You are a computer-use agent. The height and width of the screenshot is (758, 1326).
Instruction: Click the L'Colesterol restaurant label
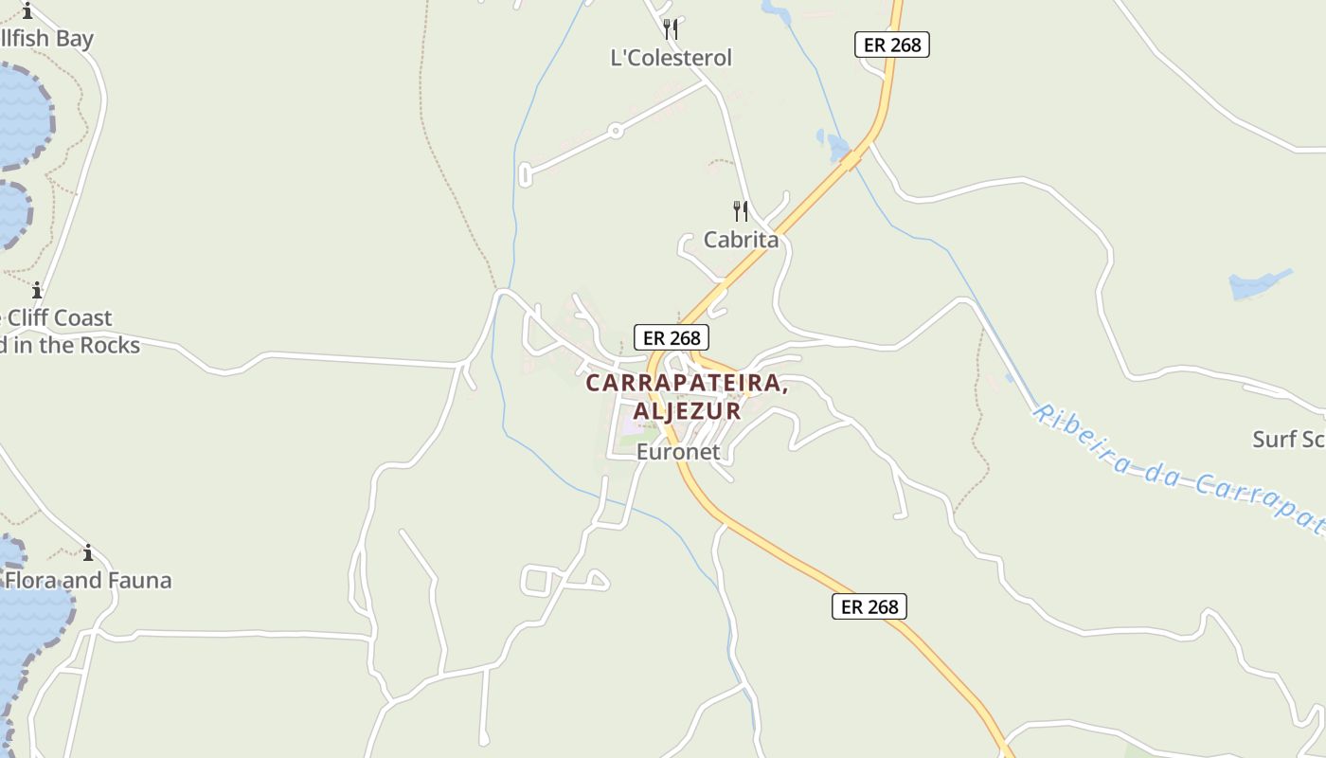671,58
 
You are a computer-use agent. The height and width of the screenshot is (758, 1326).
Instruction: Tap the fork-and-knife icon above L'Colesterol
671,29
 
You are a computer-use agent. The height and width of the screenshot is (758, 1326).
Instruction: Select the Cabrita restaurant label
741,240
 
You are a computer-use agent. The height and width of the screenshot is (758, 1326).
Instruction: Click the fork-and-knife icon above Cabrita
741,210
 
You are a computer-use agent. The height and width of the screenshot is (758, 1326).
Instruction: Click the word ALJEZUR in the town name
687,411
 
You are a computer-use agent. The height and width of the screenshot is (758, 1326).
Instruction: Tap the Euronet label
678,452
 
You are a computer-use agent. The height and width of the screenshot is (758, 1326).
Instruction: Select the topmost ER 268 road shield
891,45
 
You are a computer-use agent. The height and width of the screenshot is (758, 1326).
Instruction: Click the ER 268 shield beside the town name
671,337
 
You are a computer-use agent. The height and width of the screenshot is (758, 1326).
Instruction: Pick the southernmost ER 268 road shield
869,606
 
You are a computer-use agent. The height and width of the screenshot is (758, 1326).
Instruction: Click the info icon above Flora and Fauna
88,552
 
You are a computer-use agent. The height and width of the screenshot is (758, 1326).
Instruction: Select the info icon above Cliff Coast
37,290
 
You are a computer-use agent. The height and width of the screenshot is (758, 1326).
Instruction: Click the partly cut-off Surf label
1288,439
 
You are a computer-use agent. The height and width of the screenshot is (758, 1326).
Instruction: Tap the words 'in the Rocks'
76,345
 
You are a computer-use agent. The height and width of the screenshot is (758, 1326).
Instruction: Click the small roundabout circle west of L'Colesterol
616,131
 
